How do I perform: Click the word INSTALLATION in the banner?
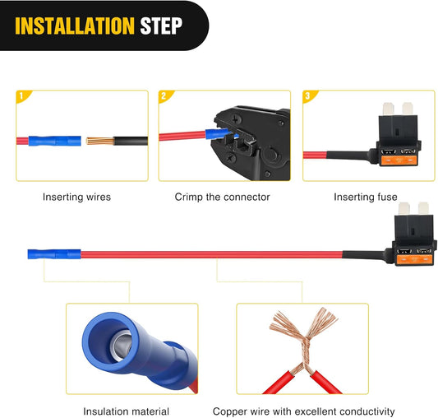[x=75, y=26]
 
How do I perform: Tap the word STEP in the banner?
[x=161, y=26]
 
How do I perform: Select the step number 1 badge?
[x=22, y=96]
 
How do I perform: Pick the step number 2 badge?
[x=165, y=96]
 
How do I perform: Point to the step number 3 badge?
[x=309, y=96]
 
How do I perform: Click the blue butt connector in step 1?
[x=55, y=141]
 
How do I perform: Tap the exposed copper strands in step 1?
[x=100, y=141]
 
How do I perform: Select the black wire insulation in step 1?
[x=131, y=141]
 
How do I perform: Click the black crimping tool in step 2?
[x=251, y=142]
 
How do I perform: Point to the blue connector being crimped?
[x=218, y=134]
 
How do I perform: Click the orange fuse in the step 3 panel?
[x=399, y=160]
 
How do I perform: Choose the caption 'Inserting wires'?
[x=76, y=197]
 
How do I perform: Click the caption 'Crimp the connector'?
[x=223, y=197]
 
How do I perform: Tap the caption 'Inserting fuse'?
[x=366, y=197]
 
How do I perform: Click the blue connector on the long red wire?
[x=54, y=254]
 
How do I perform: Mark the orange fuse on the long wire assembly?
[x=415, y=260]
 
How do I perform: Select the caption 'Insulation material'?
[x=127, y=411]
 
